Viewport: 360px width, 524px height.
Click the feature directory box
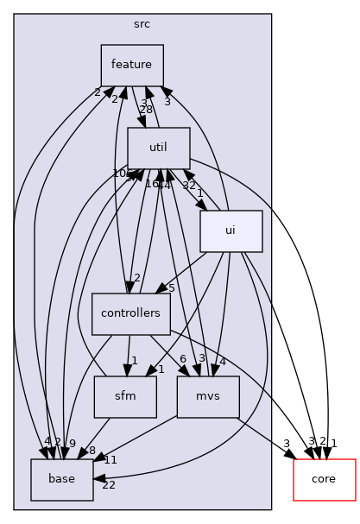pos(132,65)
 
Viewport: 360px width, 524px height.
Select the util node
pos(158,148)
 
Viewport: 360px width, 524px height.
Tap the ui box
pos(231,230)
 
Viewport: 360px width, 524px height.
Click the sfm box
pos(125,397)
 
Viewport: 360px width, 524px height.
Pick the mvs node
pos(208,397)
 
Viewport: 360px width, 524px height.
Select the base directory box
pos(61,480)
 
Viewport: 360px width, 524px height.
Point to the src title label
pos(142,25)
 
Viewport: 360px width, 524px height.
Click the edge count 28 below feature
pos(146,109)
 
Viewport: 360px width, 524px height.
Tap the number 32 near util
pos(189,185)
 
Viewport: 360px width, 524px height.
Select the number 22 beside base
pos(109,485)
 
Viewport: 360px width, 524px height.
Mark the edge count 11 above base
pos(111,460)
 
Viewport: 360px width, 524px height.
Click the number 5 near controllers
pos(172,288)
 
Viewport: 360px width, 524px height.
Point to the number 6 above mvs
pos(183,359)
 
